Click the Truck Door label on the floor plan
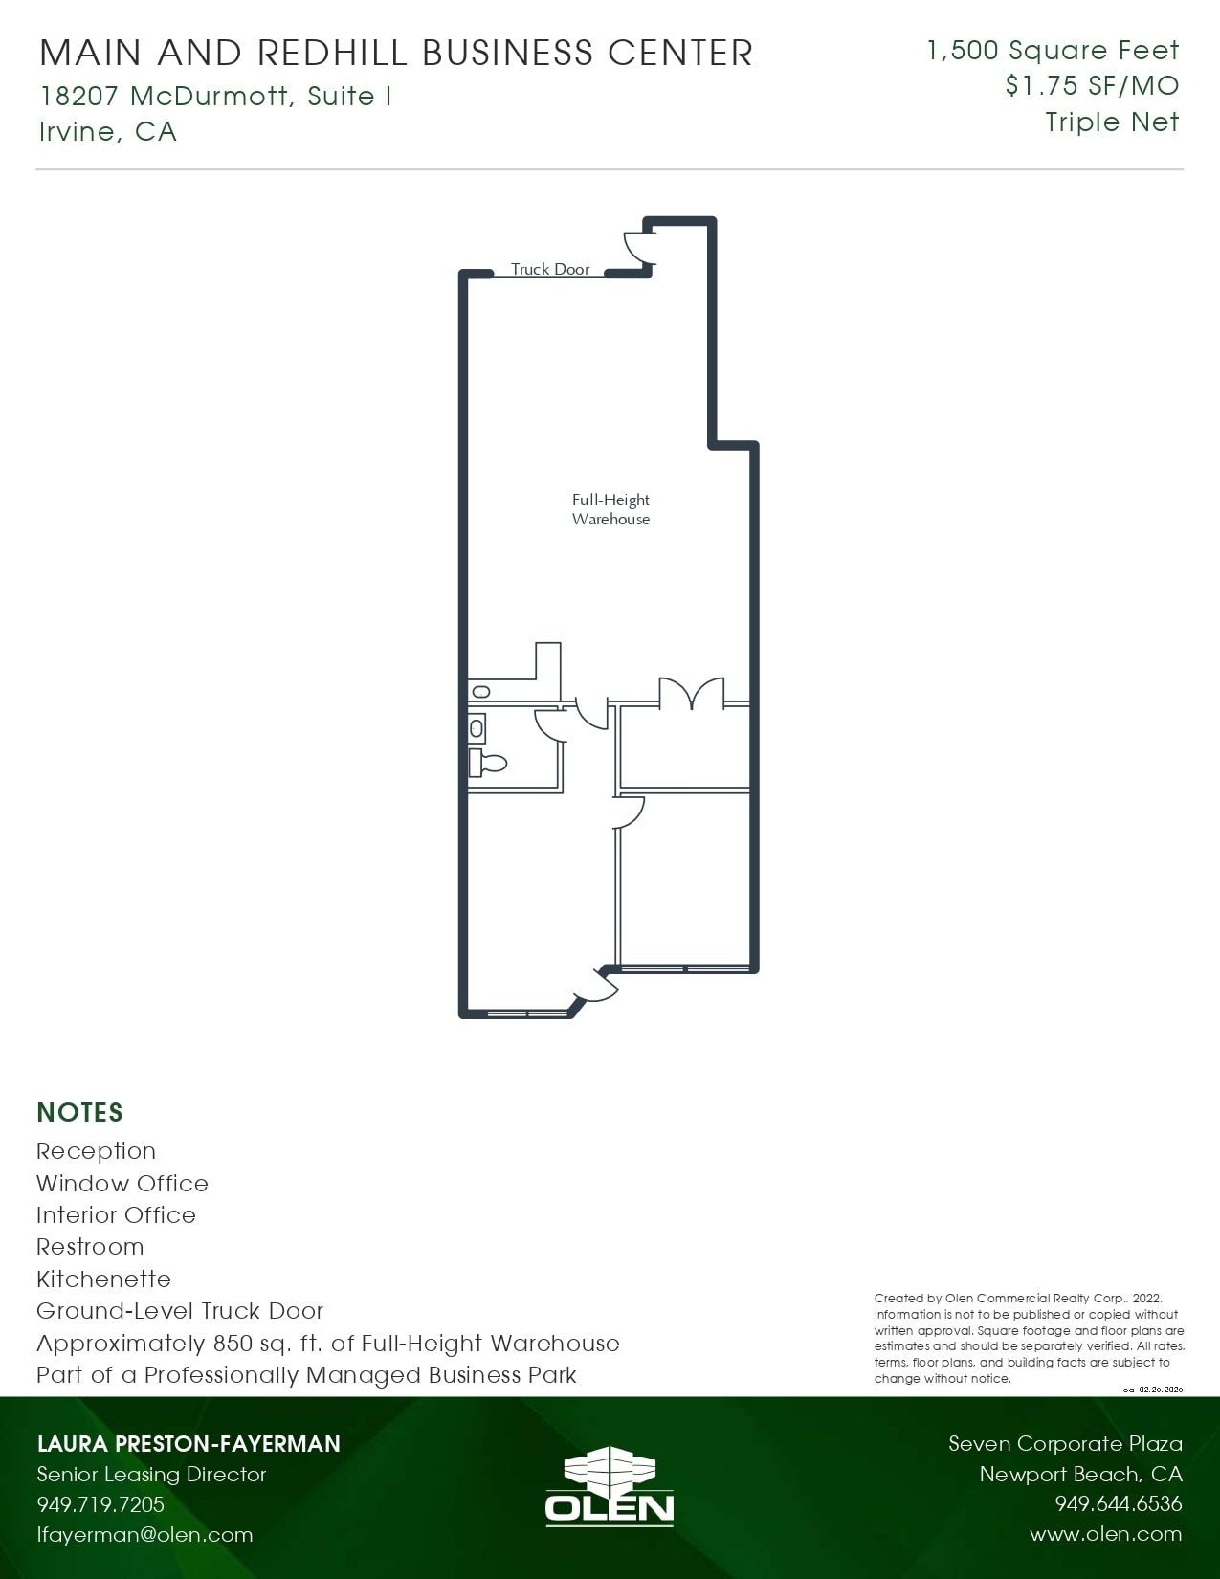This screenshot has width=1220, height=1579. coord(550,270)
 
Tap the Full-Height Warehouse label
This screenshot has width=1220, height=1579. coord(610,509)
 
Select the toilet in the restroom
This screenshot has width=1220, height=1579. coord(487,764)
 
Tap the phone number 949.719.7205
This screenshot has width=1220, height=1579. coord(100,1504)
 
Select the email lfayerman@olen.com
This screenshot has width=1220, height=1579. coord(144,1535)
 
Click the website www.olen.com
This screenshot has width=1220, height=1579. coord(1105,1535)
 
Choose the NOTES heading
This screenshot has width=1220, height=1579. coord(80,1113)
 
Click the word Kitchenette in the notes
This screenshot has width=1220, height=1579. coord(103,1279)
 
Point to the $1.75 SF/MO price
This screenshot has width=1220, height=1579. coord(1092,86)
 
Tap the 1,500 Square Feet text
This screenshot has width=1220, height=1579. coord(1053,51)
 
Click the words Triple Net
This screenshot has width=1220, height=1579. coord(1112,122)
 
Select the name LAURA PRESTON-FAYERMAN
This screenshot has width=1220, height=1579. coord(189,1444)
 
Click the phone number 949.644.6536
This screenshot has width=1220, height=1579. coord(1118,1504)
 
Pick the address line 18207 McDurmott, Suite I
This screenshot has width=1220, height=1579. coord(215,97)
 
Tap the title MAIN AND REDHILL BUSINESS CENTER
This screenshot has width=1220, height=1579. coord(396,53)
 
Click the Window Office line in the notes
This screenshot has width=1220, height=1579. coord(122,1184)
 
